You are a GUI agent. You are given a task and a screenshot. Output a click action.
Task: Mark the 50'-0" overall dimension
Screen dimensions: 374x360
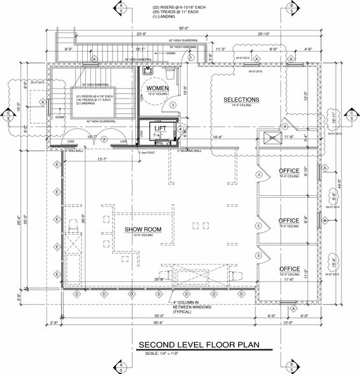click(x=185, y=29)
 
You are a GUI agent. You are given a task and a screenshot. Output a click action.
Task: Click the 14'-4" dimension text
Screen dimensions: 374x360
click(x=218, y=136)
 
